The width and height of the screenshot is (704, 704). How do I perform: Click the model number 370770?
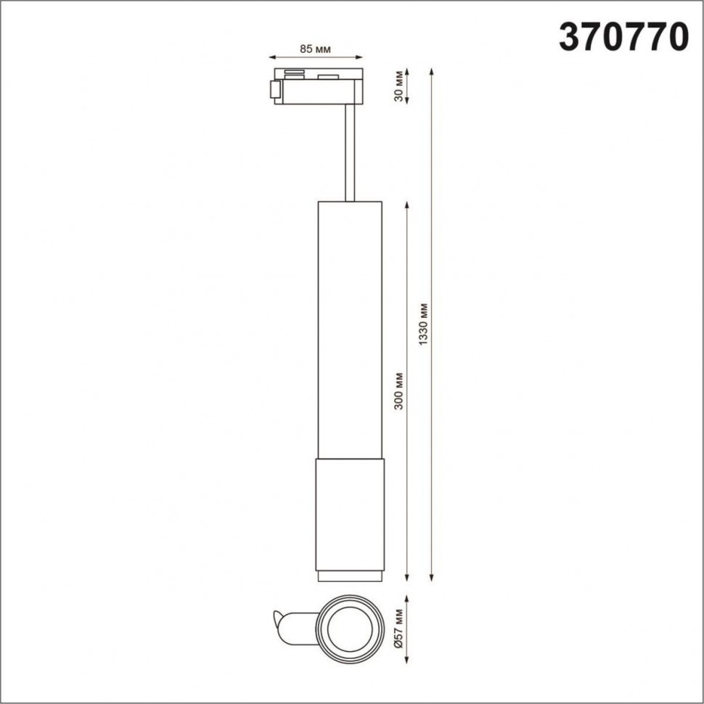click(x=623, y=36)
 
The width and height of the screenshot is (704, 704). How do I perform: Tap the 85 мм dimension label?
click(x=316, y=49)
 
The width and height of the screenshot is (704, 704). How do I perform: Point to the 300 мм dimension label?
click(x=398, y=390)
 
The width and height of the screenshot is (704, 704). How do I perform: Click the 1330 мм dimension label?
click(x=425, y=324)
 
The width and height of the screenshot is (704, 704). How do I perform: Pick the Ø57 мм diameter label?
click(x=398, y=628)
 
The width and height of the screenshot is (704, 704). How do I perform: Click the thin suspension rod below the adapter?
click(x=351, y=152)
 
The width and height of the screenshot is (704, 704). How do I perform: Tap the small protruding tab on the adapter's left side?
click(x=274, y=89)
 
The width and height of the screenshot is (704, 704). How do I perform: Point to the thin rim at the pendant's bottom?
click(x=349, y=576)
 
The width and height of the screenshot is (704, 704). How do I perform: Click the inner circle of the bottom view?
click(x=349, y=627)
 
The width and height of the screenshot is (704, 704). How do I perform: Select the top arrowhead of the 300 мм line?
click(x=407, y=206)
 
